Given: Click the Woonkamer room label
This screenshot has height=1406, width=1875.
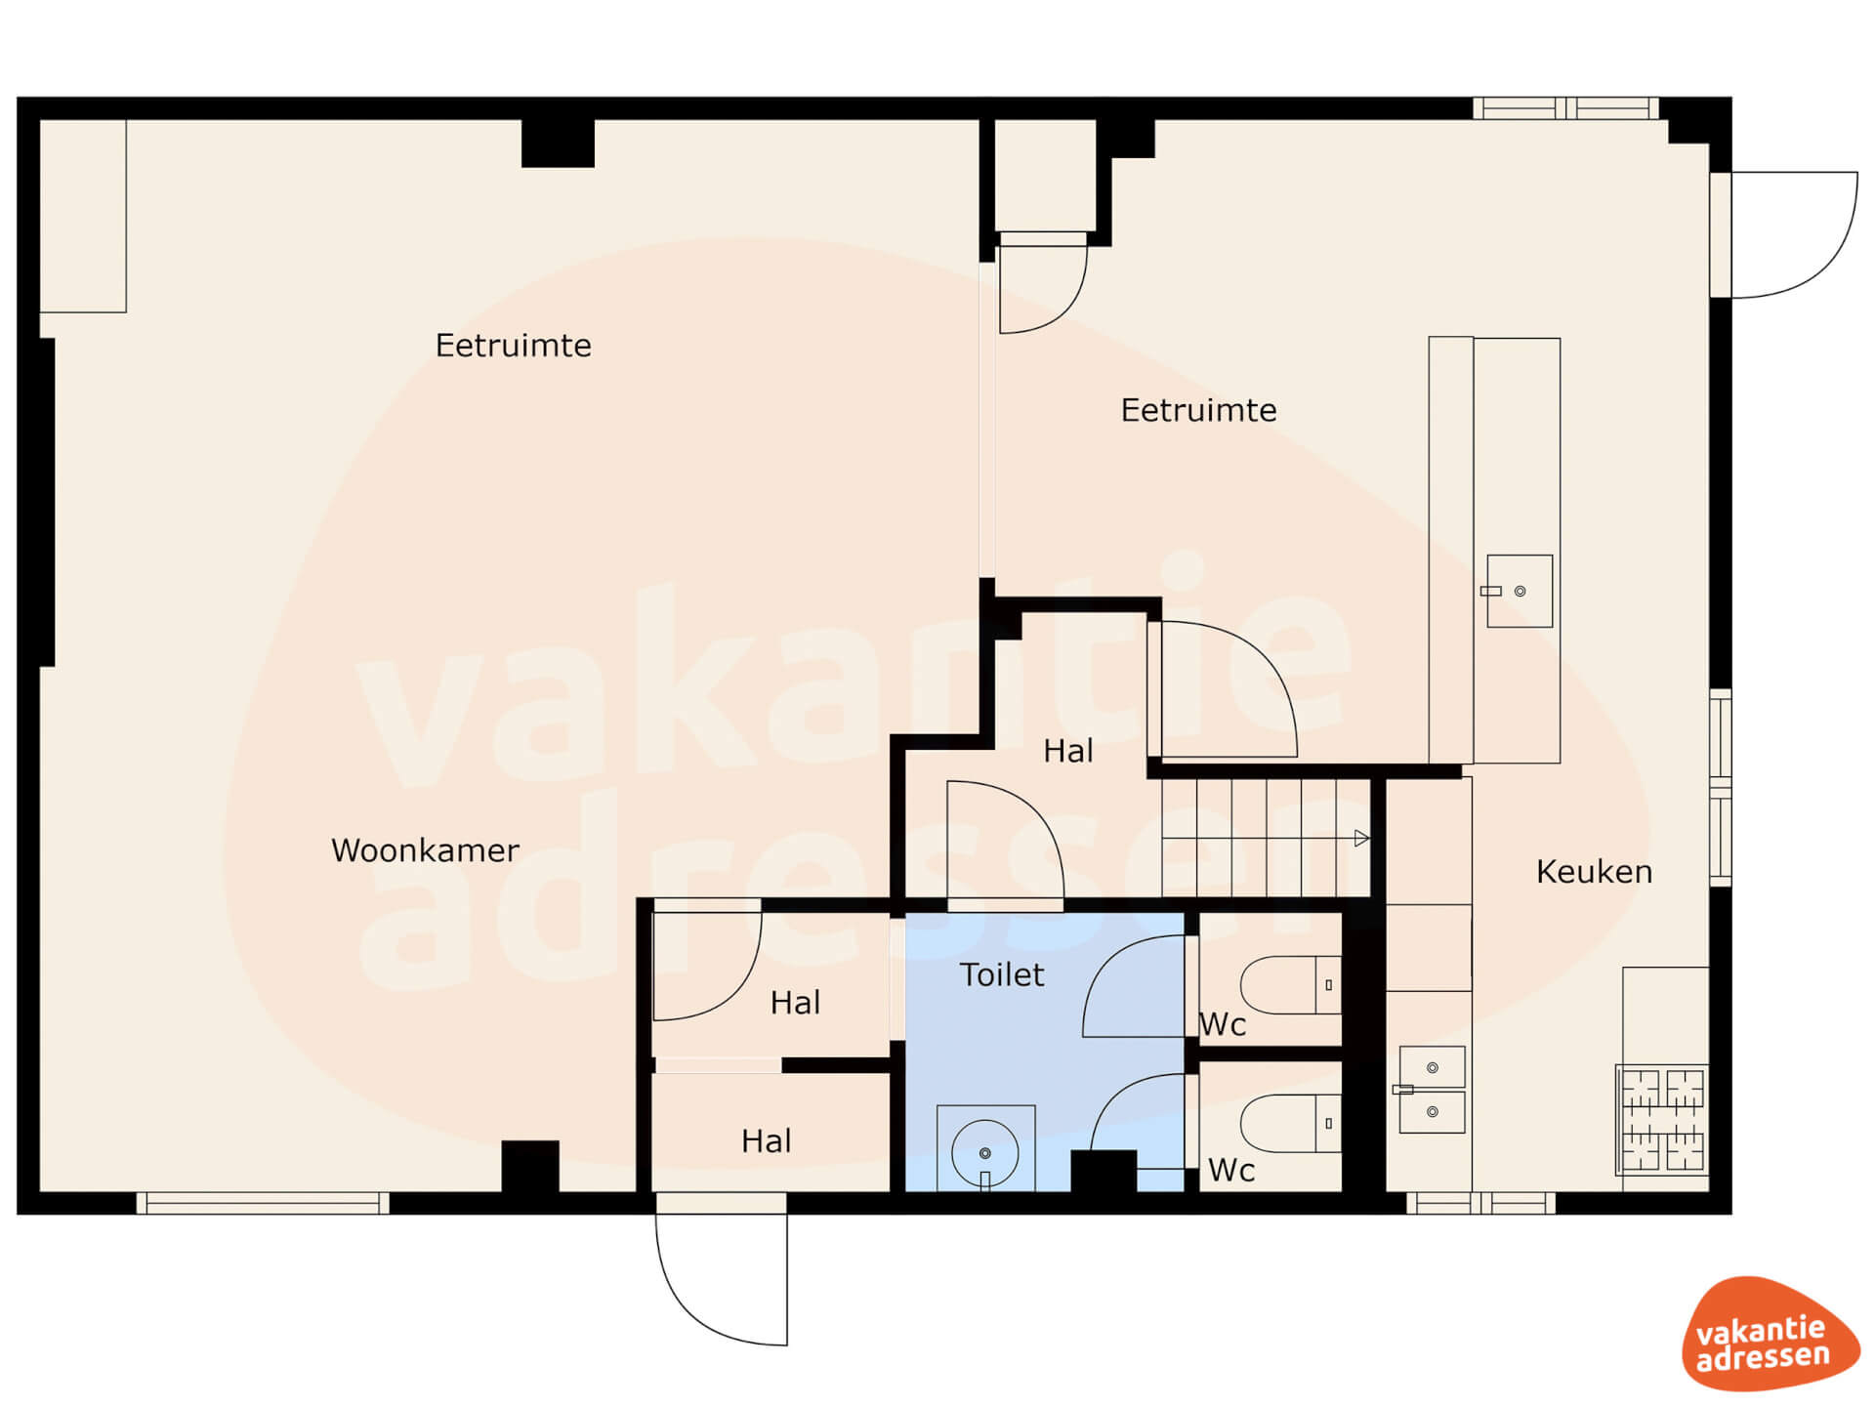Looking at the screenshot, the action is [x=425, y=850].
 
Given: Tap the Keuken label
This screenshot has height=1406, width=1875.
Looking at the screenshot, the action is [x=1594, y=872].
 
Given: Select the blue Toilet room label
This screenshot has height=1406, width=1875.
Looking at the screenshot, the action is [x=1002, y=974].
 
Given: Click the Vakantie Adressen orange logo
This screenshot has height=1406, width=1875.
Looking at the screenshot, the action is [x=1770, y=1334].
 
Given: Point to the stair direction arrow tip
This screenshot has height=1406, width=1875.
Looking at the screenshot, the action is [x=1369, y=838].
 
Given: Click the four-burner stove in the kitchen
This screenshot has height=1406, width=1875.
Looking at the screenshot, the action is [x=1662, y=1119].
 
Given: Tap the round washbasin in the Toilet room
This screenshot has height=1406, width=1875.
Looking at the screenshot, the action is [x=985, y=1154].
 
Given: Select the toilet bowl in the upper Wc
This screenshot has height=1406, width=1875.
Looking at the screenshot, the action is [x=1290, y=985].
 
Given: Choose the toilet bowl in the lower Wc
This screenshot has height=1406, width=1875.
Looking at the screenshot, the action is [x=1290, y=1124].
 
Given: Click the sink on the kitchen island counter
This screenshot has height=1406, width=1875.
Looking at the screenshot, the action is [x=1519, y=591].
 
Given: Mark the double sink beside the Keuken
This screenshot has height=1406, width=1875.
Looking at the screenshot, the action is [x=1432, y=1090].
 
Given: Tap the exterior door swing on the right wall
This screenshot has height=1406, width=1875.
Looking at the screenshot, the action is [x=1794, y=234].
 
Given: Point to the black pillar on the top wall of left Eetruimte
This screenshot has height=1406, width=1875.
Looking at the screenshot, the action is [x=558, y=144].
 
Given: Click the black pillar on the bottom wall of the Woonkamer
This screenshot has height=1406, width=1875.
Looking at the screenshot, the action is [x=530, y=1166].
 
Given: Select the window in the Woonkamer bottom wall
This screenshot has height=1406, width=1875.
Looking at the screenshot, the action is [x=263, y=1203].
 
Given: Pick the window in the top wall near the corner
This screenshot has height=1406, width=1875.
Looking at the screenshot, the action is [x=1565, y=107].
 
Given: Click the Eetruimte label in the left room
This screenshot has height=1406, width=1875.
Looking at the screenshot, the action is [x=513, y=346].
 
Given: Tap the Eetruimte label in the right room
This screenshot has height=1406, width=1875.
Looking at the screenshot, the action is [x=1198, y=410].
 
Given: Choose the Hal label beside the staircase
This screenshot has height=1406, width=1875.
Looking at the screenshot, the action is [x=1067, y=751].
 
